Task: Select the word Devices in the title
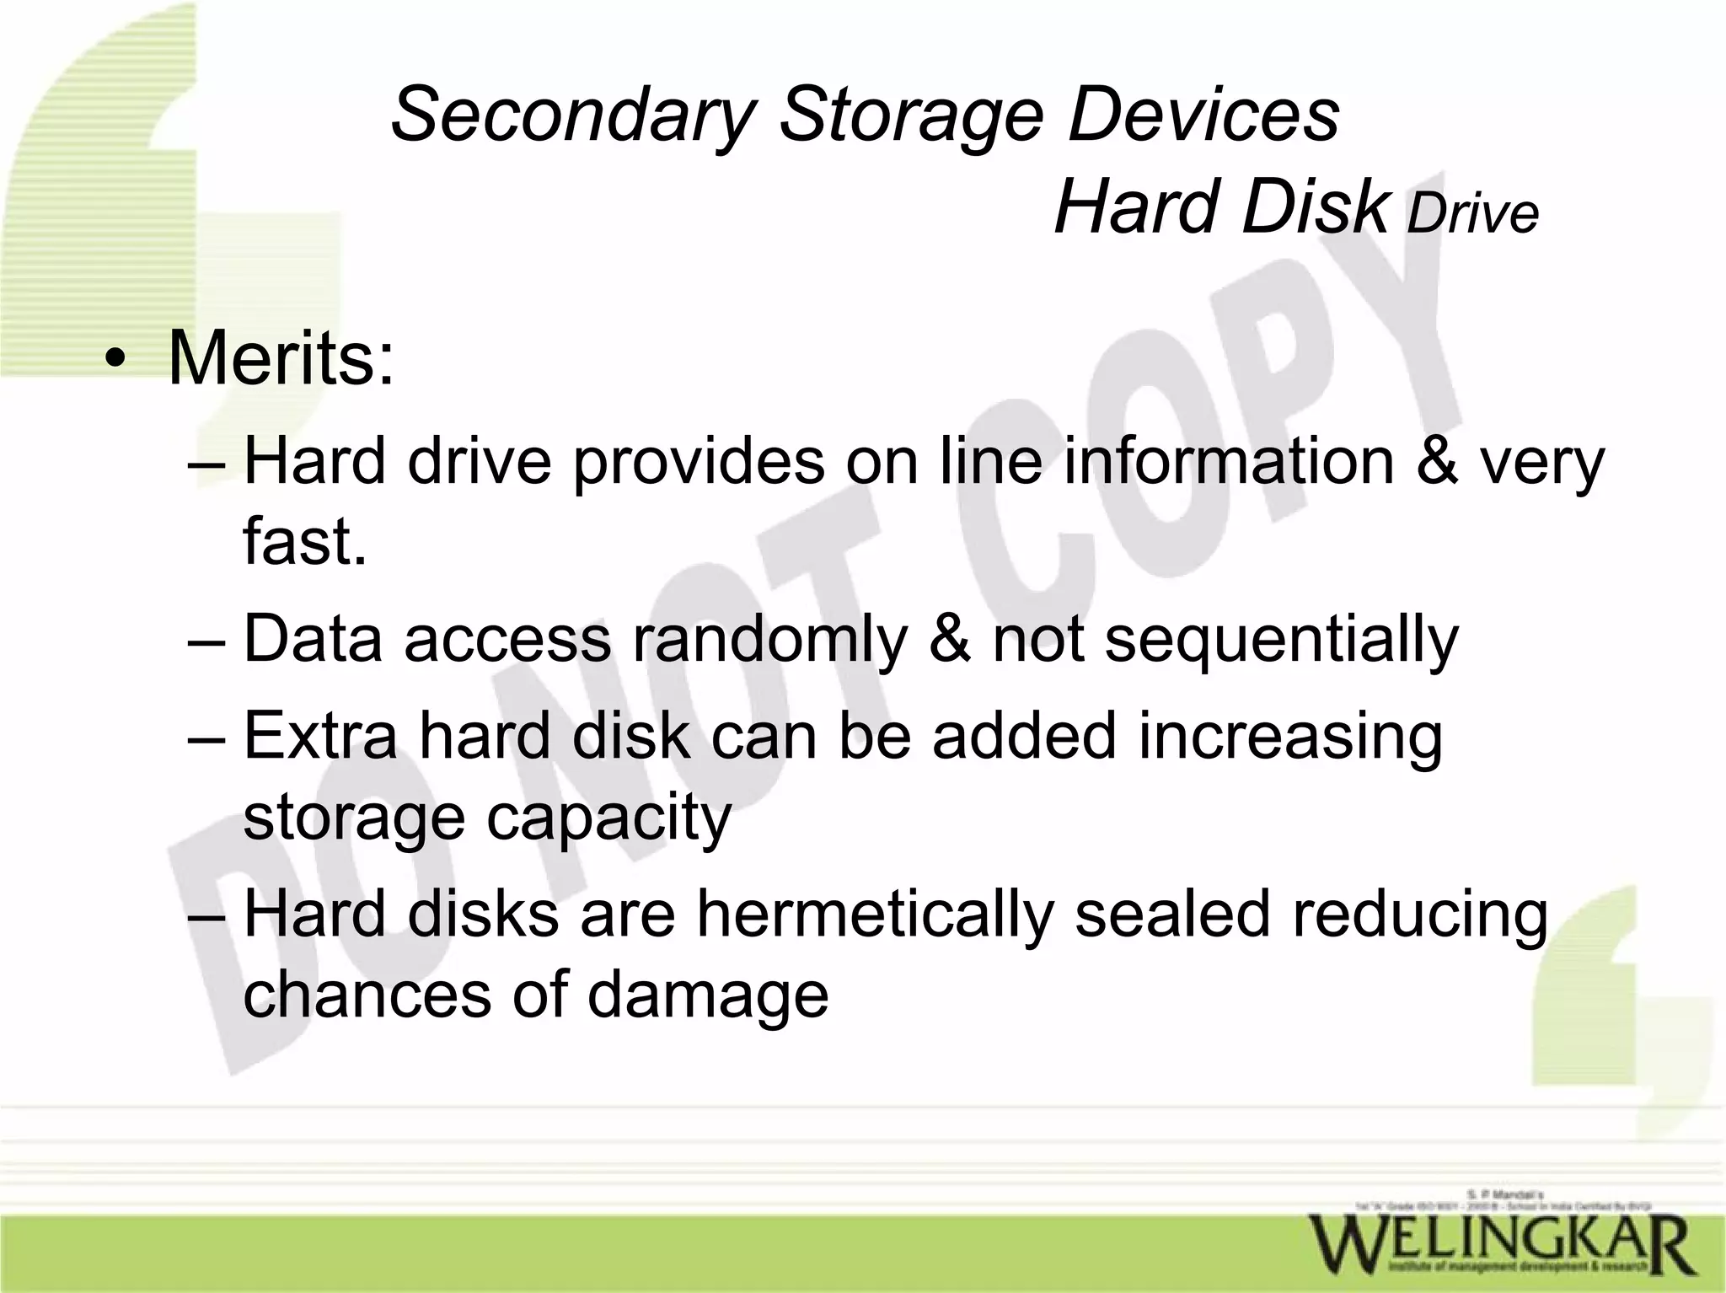click(x=1204, y=115)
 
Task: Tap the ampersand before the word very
click(x=1437, y=462)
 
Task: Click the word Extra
click(x=320, y=735)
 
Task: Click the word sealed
click(x=1172, y=915)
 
